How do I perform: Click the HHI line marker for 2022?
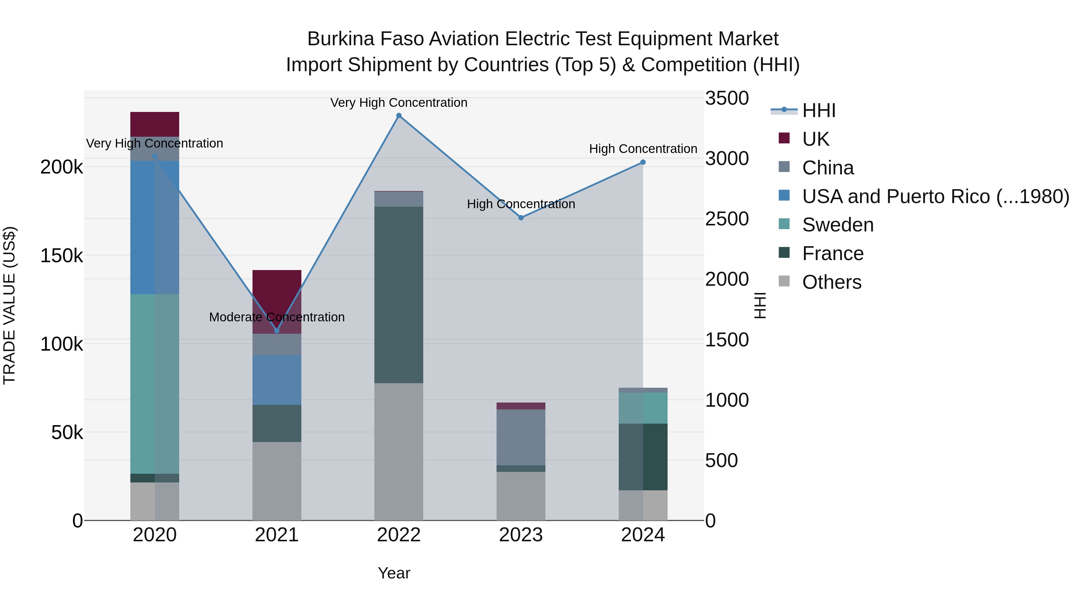(x=399, y=116)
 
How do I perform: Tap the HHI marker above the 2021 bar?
(x=277, y=331)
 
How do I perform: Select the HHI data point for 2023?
(x=521, y=218)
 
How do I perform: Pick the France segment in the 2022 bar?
(x=399, y=295)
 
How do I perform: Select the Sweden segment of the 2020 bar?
(x=155, y=384)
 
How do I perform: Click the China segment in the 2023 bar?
(x=521, y=437)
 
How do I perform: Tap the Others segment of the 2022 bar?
(x=399, y=451)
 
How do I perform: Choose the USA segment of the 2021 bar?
(x=277, y=380)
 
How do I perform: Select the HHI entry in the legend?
(x=818, y=110)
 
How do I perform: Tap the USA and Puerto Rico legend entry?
(x=935, y=196)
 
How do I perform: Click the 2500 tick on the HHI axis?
(x=727, y=219)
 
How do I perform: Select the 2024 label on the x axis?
(x=643, y=535)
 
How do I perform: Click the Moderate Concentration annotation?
(x=277, y=317)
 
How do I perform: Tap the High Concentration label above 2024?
(x=643, y=149)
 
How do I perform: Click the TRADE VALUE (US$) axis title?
(x=9, y=305)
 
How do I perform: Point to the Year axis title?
(x=394, y=573)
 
